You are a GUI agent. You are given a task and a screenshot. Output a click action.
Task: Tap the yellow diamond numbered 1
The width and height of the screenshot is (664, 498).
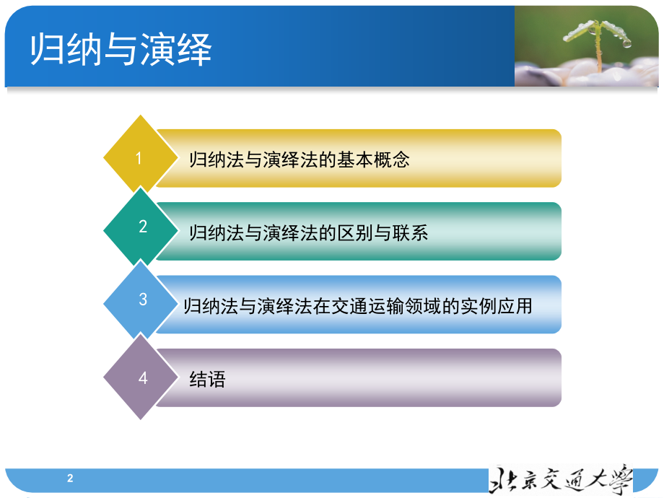140,158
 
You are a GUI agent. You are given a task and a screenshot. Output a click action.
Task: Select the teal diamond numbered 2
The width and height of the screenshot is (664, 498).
142,227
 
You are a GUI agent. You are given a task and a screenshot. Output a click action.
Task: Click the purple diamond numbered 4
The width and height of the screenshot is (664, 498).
142,377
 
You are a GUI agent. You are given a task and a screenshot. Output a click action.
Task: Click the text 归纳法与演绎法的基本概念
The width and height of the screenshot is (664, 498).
299,160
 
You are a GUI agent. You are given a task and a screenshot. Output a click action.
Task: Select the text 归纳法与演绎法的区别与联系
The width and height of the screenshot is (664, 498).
308,232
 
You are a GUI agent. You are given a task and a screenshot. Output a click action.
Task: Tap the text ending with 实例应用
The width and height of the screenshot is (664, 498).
358,306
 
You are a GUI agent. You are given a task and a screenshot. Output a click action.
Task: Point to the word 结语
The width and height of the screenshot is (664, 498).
207,379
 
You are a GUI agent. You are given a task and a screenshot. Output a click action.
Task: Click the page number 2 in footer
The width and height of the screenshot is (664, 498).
70,478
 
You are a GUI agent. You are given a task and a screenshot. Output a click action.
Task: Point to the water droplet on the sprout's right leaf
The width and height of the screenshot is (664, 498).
626,43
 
